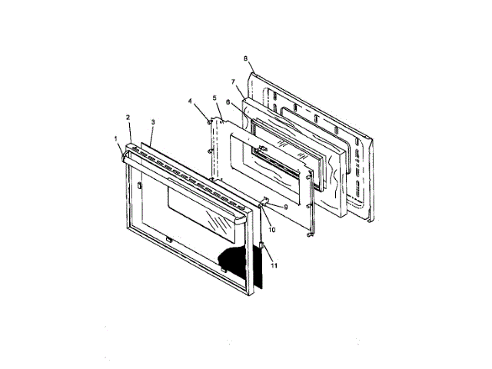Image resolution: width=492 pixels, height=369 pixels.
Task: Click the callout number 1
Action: (117, 139)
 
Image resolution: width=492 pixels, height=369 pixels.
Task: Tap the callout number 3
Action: (153, 121)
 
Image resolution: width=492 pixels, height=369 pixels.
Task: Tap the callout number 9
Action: (285, 207)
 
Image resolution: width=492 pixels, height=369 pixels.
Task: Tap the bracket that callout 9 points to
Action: (266, 203)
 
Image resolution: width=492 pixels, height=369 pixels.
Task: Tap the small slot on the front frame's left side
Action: (138, 185)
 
